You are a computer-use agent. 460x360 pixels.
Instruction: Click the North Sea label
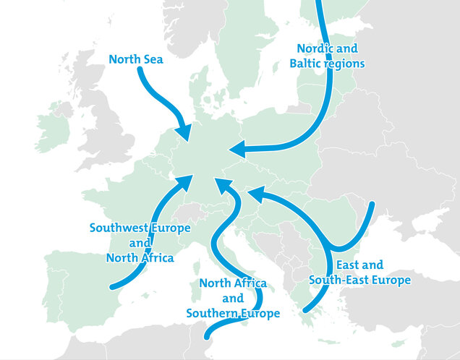[x=136, y=59]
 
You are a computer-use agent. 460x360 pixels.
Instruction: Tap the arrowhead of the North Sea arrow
[x=185, y=134]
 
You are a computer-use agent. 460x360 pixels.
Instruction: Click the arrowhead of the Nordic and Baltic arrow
[x=237, y=150]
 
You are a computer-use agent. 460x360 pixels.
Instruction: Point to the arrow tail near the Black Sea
[x=372, y=205]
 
